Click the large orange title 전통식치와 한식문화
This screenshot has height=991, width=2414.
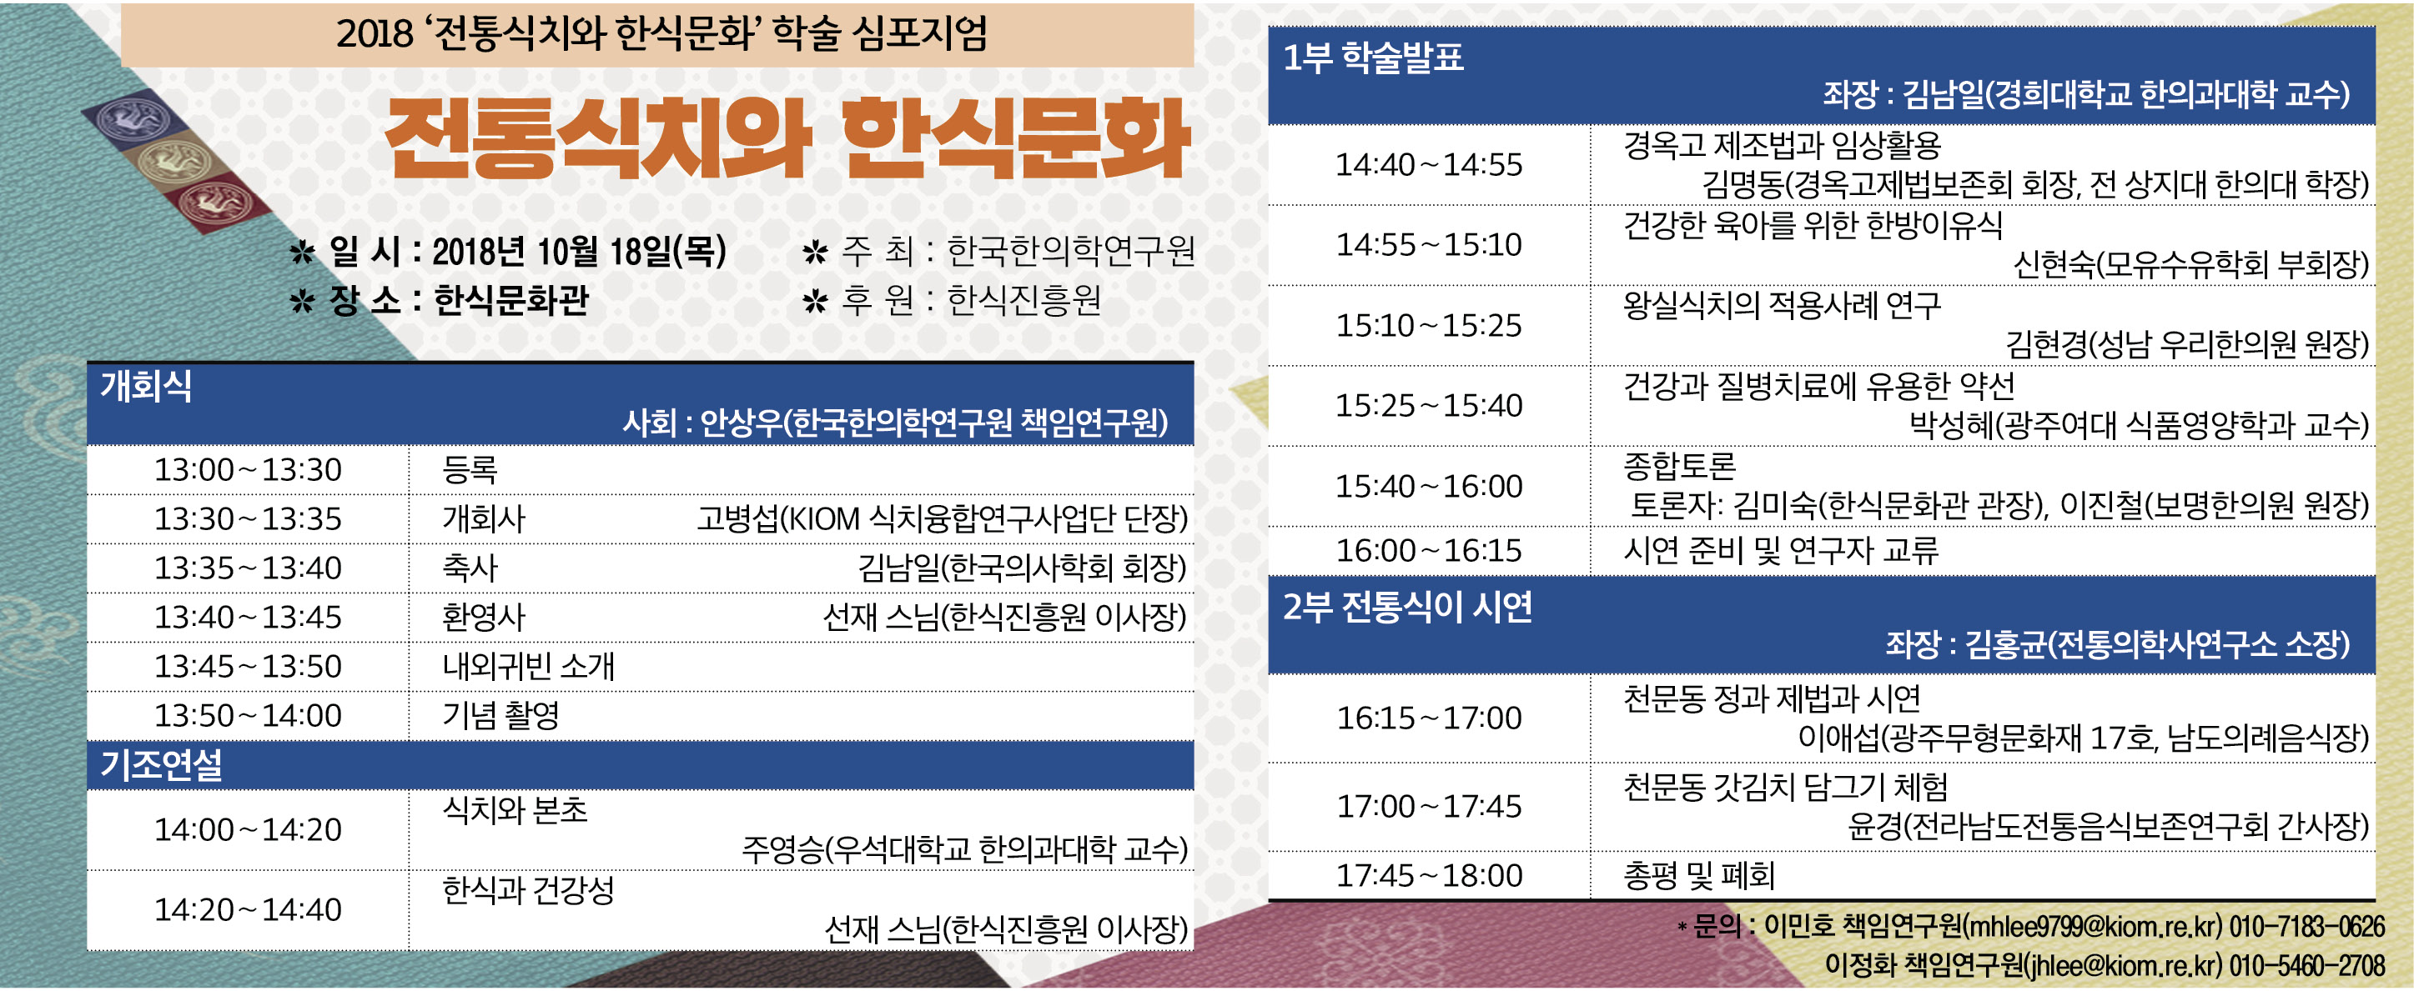(x=787, y=138)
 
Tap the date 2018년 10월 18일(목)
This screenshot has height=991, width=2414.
(x=578, y=251)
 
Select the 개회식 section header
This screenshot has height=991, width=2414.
(x=146, y=386)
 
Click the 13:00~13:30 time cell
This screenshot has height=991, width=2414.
(x=248, y=469)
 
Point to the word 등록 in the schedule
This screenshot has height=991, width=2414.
(x=470, y=469)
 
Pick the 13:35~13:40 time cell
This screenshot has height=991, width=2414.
(x=248, y=568)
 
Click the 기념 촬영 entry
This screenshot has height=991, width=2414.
(x=500, y=716)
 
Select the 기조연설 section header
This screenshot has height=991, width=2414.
(x=161, y=765)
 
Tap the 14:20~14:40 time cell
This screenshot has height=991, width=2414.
(x=248, y=909)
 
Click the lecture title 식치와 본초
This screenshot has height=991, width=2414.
(x=515, y=810)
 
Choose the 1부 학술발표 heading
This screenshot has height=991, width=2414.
(x=1372, y=58)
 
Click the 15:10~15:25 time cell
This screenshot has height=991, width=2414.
(x=1429, y=325)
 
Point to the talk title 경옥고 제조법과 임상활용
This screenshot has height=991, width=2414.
(x=1782, y=145)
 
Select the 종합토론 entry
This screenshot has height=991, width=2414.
(x=1679, y=467)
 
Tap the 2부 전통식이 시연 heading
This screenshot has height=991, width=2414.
(x=1407, y=608)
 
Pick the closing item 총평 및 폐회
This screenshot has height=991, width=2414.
(x=1699, y=876)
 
